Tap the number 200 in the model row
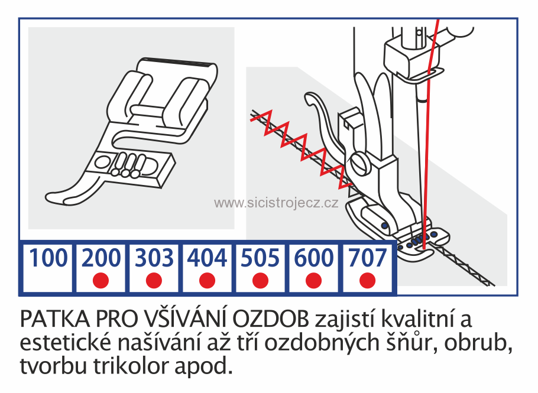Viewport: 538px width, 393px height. click(102, 259)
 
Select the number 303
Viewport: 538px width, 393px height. click(154, 259)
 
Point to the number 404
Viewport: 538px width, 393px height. click(207, 259)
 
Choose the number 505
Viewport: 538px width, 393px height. click(260, 259)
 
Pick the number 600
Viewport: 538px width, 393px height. click(313, 259)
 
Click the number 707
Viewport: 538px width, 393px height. click(367, 259)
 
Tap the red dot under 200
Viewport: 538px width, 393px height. click(101, 281)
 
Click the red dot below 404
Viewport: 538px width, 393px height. click(207, 281)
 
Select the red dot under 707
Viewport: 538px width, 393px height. click(367, 281)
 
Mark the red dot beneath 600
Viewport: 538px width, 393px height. click(313, 281)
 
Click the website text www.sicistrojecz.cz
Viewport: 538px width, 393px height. click(276, 203)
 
